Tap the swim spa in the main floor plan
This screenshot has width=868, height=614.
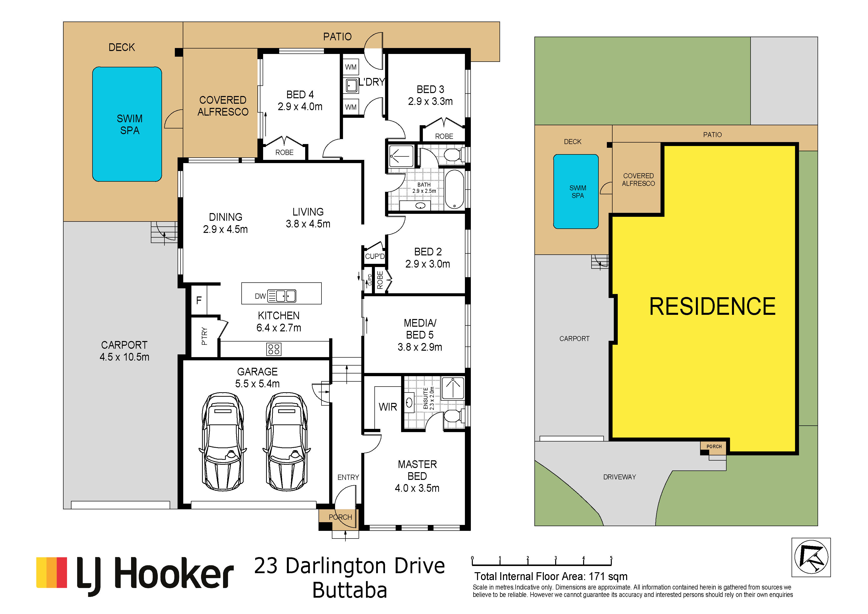(x=127, y=124)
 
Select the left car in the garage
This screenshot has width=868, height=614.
(x=223, y=442)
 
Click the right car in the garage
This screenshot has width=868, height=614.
(x=287, y=442)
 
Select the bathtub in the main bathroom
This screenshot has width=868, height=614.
(x=454, y=189)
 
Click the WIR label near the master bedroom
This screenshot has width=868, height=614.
(x=388, y=407)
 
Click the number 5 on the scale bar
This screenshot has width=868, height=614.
(x=611, y=558)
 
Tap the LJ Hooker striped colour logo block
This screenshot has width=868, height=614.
(x=51, y=572)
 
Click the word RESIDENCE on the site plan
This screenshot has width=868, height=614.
(x=712, y=306)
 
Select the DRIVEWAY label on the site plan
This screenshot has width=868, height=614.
(x=620, y=477)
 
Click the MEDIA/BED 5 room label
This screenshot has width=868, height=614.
(x=420, y=335)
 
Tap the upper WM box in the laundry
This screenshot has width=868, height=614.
(x=351, y=67)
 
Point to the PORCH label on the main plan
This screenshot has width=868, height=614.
(x=340, y=517)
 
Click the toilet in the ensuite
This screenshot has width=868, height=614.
(x=452, y=417)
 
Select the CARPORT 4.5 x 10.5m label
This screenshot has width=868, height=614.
(x=124, y=351)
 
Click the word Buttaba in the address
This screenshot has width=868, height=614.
(x=350, y=590)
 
